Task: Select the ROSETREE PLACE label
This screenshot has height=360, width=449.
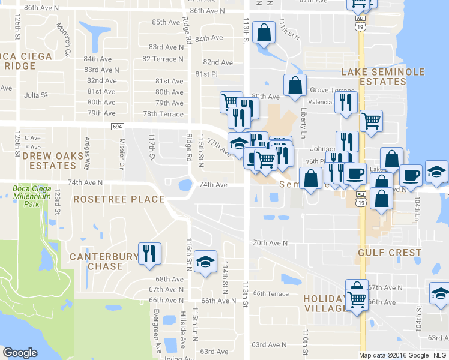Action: (118, 199)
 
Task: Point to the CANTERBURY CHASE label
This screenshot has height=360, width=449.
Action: (104, 261)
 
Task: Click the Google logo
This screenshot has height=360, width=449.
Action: (20, 353)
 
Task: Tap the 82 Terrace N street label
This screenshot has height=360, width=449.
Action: (163, 59)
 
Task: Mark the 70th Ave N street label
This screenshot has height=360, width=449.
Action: (270, 243)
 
